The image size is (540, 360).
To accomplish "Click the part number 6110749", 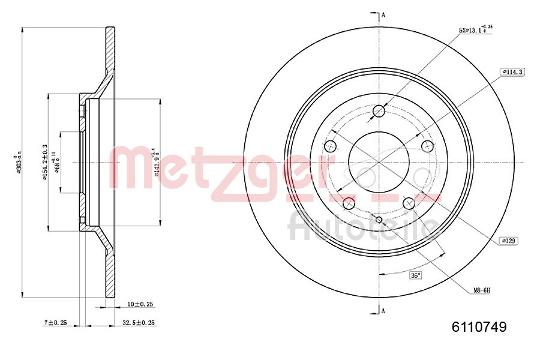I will point(479,327).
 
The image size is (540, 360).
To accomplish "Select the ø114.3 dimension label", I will point(512,72).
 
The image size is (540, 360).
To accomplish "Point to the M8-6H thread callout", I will point(481,290).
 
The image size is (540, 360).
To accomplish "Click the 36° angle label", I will point(415,275).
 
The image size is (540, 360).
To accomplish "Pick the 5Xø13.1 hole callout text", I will point(475,29).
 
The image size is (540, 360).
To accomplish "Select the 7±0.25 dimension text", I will point(56,323).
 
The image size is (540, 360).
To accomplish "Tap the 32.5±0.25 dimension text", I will point(139,323).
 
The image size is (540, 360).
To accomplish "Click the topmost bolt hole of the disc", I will point(379,111).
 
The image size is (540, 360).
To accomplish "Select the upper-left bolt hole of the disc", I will point(330,146).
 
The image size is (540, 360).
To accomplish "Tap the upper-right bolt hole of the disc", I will point(427,146).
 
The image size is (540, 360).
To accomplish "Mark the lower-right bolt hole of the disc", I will point(409,203).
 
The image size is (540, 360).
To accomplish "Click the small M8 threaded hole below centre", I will point(379,219).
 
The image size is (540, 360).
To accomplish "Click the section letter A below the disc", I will point(383,310).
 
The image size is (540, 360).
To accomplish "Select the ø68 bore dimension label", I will point(57,162).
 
